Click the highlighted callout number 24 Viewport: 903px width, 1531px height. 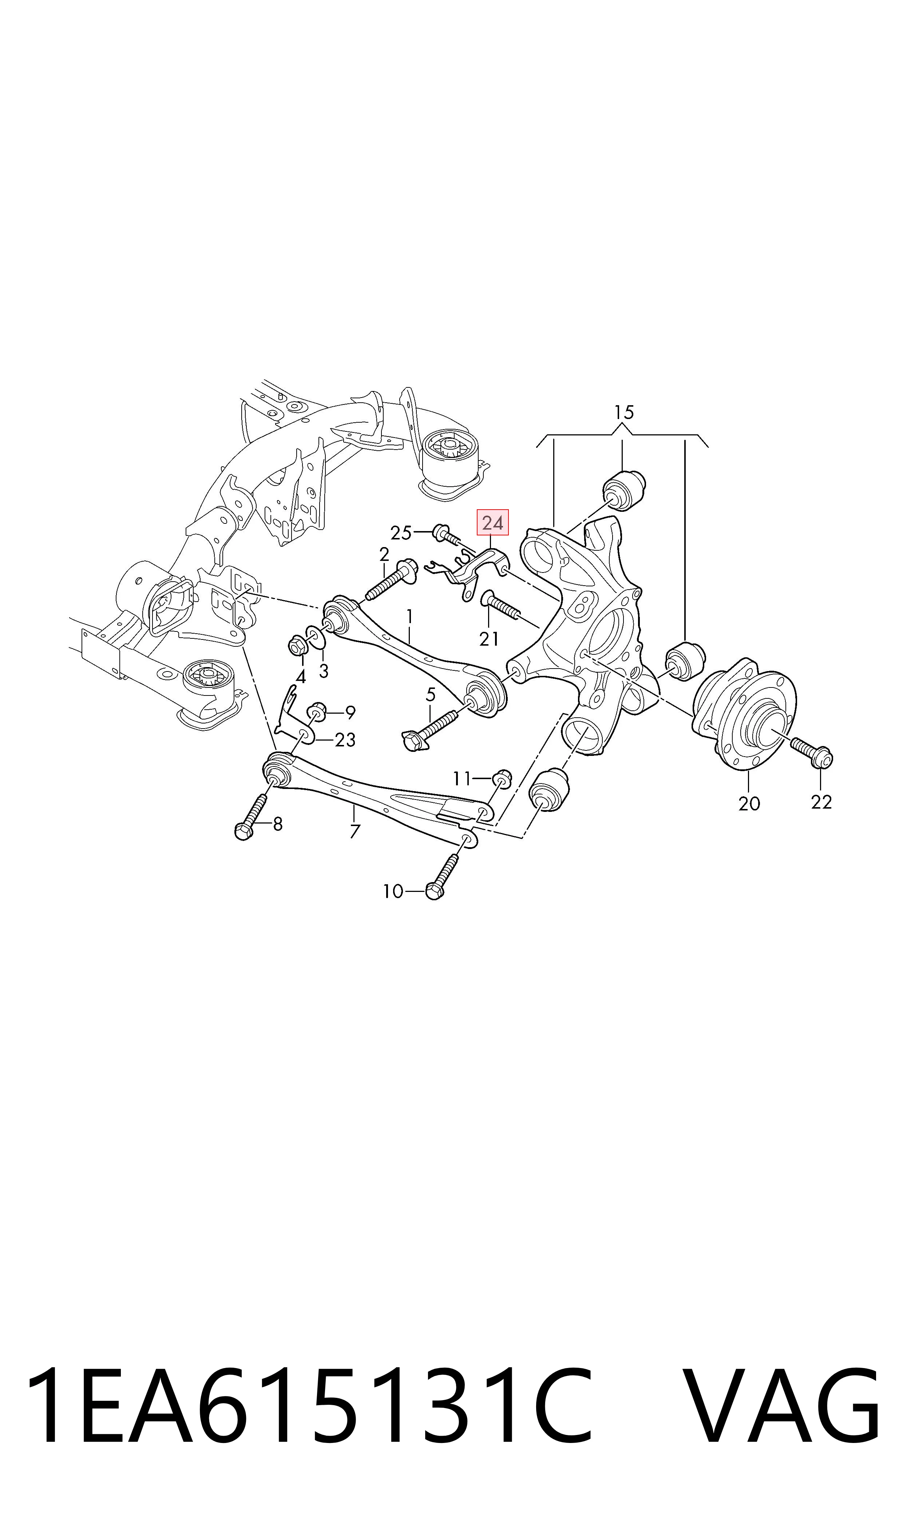pos(492,523)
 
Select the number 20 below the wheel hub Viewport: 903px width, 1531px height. pos(749,804)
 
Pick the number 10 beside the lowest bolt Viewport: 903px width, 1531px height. pos(392,892)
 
